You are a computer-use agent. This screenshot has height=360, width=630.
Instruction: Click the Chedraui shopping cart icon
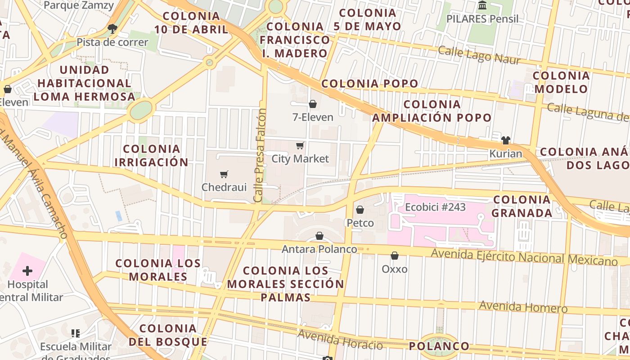click(x=224, y=174)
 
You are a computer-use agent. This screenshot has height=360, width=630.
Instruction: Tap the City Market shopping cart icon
click(x=300, y=145)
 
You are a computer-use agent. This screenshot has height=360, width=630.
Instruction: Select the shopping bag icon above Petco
click(x=360, y=210)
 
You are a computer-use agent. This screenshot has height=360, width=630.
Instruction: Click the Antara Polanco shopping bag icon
click(x=319, y=236)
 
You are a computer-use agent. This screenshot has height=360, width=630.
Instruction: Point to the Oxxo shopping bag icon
click(x=395, y=256)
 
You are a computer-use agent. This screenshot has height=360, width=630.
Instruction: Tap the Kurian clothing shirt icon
click(x=506, y=140)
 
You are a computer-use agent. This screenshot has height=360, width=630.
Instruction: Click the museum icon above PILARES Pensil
click(x=483, y=5)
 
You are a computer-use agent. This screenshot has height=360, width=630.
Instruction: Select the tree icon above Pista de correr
click(x=112, y=29)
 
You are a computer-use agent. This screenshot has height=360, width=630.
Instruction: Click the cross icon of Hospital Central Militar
click(x=27, y=271)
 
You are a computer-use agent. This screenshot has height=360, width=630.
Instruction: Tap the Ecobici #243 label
click(x=435, y=207)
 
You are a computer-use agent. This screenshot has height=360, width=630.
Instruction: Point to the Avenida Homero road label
click(x=523, y=307)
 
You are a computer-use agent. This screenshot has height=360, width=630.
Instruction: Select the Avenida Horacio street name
click(x=340, y=340)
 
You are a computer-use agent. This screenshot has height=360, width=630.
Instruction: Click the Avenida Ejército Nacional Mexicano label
click(x=524, y=257)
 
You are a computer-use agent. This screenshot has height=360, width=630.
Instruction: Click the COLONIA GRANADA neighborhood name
click(x=522, y=206)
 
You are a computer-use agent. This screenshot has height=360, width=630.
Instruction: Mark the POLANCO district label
click(x=439, y=346)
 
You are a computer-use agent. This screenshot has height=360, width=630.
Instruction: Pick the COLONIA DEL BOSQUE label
click(x=168, y=335)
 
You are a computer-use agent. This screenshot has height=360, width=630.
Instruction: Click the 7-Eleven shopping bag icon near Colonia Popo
click(x=313, y=104)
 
